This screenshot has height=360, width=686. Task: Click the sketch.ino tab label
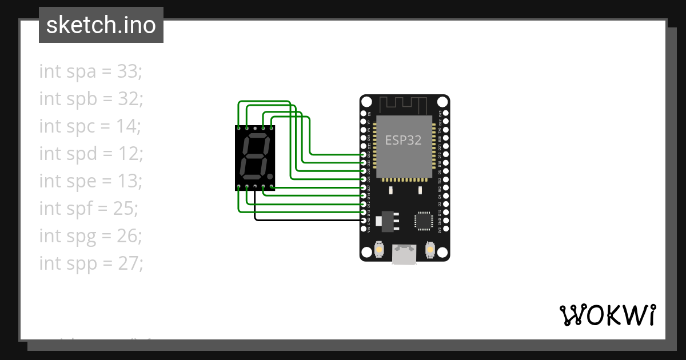click(x=101, y=25)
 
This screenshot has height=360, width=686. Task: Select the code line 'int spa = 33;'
click(x=90, y=71)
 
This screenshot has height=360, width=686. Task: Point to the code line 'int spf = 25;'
click(x=89, y=209)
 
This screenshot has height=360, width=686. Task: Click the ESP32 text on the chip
click(x=404, y=140)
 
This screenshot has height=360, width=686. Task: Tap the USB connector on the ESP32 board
click(x=404, y=254)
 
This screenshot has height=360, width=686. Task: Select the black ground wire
click(x=309, y=220)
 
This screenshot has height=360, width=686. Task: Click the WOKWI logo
click(x=608, y=315)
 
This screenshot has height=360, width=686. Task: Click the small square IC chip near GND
click(x=424, y=221)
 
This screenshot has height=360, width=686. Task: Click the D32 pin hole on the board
click(x=364, y=163)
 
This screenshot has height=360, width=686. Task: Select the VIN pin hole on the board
click(x=364, y=228)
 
